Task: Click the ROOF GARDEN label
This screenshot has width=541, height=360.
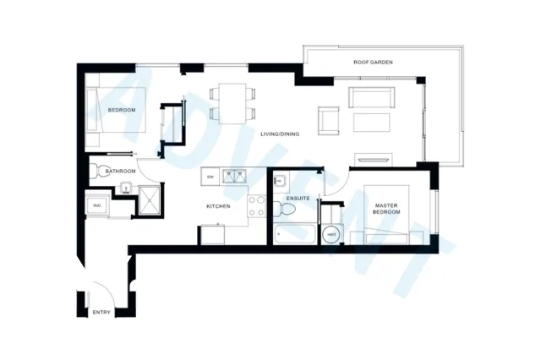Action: click(x=372, y=63)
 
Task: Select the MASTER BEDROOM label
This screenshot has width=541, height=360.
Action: click(x=390, y=207)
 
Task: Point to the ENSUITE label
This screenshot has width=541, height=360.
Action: click(x=298, y=199)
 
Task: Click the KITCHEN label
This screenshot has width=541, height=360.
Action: click(x=219, y=206)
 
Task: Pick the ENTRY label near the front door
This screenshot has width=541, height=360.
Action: click(x=101, y=313)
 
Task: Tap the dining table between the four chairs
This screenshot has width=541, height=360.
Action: click(x=232, y=101)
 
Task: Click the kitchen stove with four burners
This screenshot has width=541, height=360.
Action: click(x=257, y=205)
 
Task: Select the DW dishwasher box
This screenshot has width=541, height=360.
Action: click(x=210, y=177)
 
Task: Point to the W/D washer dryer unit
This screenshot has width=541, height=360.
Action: click(x=97, y=205)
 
